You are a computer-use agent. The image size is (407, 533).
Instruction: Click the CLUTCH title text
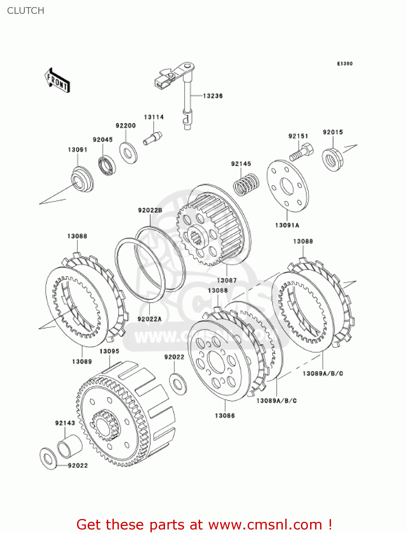pyautogui.click(x=26, y=11)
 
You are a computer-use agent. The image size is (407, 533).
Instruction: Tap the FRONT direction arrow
pyautogui.click(x=57, y=81)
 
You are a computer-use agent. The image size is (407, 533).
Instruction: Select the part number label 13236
pyautogui.click(x=213, y=96)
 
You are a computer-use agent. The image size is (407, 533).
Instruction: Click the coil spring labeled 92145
pyautogui.click(x=246, y=184)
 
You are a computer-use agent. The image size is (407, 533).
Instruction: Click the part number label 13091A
pyautogui.click(x=287, y=225)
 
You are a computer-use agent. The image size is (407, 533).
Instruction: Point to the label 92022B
pyautogui.click(x=150, y=210)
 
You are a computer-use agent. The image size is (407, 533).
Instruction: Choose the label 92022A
pyautogui.click(x=149, y=319)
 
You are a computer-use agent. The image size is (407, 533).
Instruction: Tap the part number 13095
pyautogui.click(x=109, y=351)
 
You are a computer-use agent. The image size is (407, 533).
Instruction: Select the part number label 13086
pyautogui.click(x=225, y=415)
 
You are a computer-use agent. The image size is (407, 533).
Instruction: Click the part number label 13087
pyautogui.click(x=227, y=280)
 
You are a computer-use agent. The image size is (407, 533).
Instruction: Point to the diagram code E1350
pyautogui.click(x=345, y=64)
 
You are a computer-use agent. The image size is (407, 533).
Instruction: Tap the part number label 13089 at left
pyautogui.click(x=82, y=361)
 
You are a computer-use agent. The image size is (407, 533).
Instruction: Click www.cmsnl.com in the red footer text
pyautogui.click(x=265, y=525)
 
